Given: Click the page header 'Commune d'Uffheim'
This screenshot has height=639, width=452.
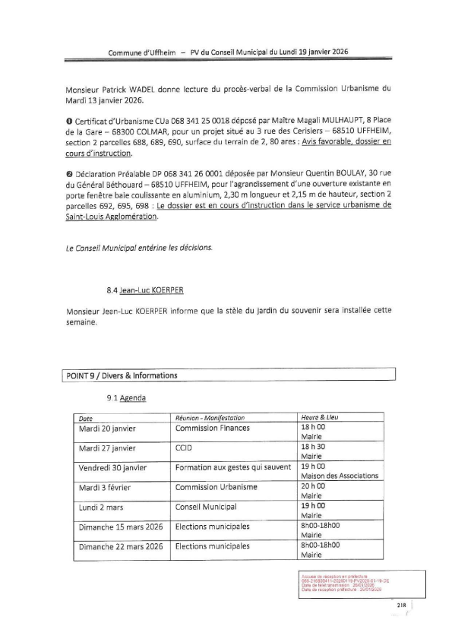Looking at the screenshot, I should (141, 52).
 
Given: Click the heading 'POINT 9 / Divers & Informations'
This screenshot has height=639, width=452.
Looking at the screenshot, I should (122, 375).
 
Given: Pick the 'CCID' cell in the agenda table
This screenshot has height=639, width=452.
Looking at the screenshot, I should (182, 448).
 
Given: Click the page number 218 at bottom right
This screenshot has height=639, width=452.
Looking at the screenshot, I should (402, 605).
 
